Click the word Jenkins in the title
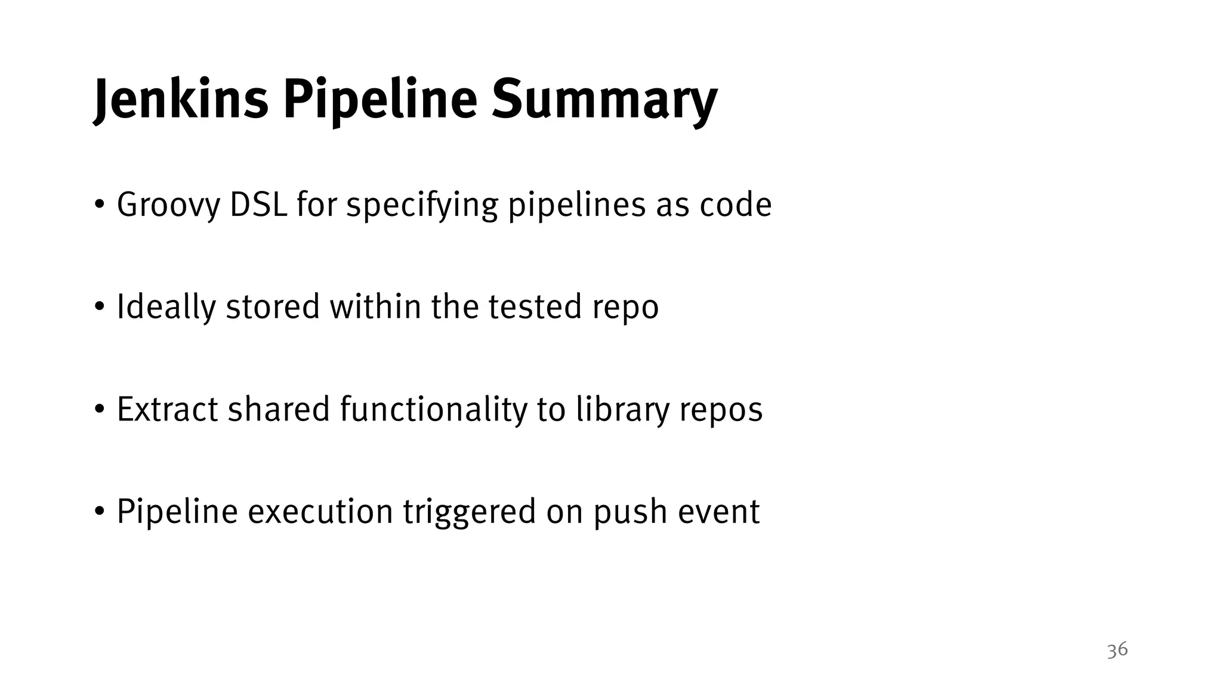tap(181, 100)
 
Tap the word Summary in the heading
tap(604, 100)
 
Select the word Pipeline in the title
tap(379, 100)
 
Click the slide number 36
tap(1117, 649)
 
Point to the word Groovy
tap(168, 205)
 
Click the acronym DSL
tap(258, 205)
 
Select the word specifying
tap(422, 205)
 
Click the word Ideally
tap(166, 308)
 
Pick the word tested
tap(535, 307)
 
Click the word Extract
tap(167, 410)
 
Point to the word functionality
tap(434, 410)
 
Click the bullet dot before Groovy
tap(100, 206)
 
